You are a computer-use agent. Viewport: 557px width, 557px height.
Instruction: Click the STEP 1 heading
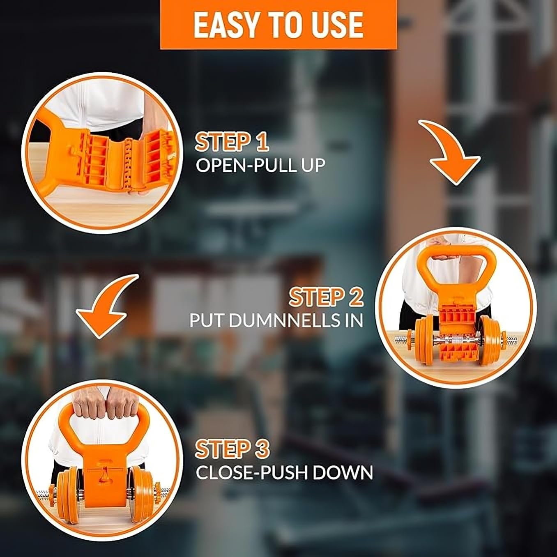click(232, 142)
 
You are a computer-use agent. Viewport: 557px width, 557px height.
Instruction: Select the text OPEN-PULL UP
click(260, 165)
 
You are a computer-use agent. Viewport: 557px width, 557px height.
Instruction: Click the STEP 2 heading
click(326, 297)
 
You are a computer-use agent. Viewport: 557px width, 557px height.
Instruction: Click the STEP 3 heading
click(232, 449)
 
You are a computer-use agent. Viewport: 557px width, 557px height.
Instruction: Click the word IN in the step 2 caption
click(353, 320)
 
